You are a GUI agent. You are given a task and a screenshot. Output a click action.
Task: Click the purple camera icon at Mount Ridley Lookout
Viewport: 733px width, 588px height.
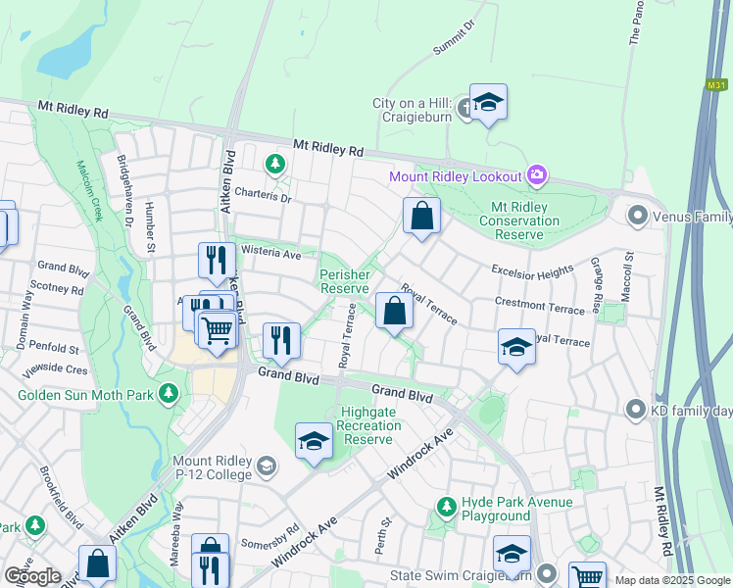point(536,176)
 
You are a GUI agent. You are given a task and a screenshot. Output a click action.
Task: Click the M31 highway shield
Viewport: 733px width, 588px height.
point(715,85)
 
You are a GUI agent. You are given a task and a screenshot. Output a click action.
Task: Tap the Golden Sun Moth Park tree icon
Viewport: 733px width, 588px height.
point(170,394)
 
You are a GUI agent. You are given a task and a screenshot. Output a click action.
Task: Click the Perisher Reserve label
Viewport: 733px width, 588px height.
point(345,281)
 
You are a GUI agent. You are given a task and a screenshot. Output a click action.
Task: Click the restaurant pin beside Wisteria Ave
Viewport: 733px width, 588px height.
point(217,260)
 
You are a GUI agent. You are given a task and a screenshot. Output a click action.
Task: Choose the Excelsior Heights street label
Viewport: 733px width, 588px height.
point(533,270)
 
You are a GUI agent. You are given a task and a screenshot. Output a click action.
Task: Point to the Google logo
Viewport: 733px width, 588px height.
point(31,576)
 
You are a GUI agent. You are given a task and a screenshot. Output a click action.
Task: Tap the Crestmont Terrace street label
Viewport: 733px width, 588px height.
point(541,306)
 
